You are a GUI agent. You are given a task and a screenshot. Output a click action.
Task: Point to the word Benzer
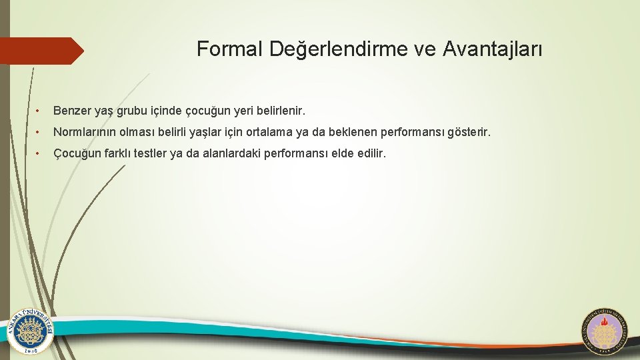[72, 109]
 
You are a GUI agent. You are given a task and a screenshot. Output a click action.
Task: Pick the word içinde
[169, 109]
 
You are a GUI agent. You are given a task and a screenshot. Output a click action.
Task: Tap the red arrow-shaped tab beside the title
[41, 51]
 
